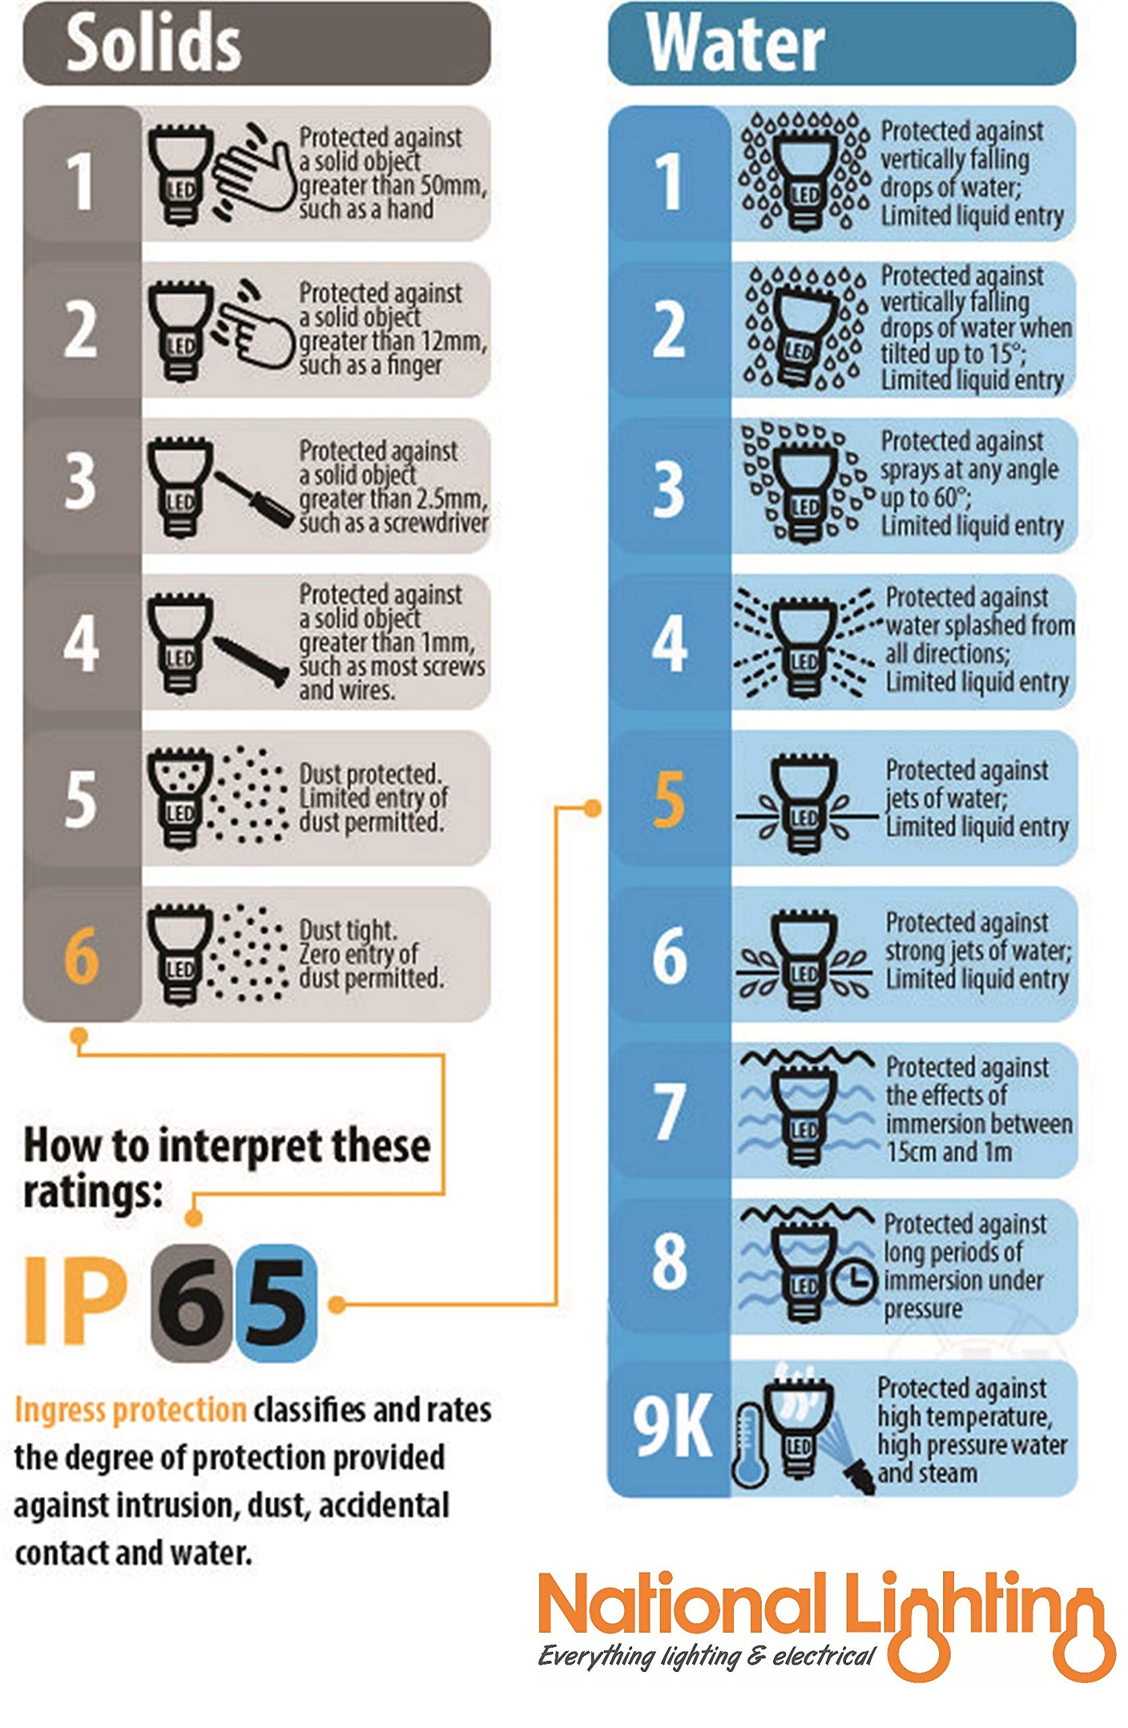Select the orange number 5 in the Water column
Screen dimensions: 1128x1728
pyautogui.click(x=669, y=799)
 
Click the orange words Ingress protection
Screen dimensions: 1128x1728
pyautogui.click(x=130, y=1410)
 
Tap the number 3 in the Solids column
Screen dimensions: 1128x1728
pyautogui.click(x=80, y=481)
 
